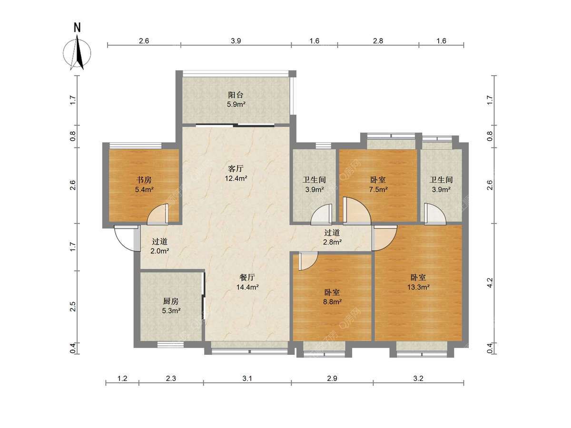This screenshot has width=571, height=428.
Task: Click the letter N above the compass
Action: click(x=77, y=28)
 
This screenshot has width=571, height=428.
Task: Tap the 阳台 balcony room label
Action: click(x=236, y=95)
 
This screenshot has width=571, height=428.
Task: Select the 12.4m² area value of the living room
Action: click(x=236, y=178)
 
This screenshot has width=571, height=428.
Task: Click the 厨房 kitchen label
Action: click(x=171, y=301)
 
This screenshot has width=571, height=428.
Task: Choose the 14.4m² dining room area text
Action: click(x=247, y=287)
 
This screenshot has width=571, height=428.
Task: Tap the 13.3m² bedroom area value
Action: click(x=418, y=287)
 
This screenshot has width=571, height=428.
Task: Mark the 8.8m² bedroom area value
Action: click(x=332, y=302)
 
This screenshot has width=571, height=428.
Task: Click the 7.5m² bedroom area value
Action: click(x=378, y=189)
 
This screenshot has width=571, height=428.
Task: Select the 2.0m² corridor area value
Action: click(x=160, y=251)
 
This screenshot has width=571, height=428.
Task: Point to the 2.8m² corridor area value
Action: click(x=332, y=242)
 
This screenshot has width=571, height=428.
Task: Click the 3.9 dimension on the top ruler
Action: click(x=236, y=41)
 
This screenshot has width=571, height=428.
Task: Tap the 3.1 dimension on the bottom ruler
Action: click(x=247, y=379)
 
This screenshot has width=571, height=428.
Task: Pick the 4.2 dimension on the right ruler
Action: click(x=490, y=282)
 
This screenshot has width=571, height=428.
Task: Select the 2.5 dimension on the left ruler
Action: click(x=73, y=307)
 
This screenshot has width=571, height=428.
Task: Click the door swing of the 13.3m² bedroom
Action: click(x=384, y=238)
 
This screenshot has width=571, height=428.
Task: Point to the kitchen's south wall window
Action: click(x=170, y=345)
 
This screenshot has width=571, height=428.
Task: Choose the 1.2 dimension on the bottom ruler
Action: click(x=122, y=379)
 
